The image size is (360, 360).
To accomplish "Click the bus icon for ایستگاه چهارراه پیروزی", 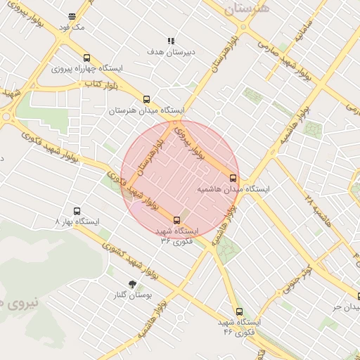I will [x=86, y=58].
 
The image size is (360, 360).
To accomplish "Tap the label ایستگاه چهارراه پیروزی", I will [x=86, y=70].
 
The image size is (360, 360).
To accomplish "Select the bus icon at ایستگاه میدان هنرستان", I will [x=146, y=99].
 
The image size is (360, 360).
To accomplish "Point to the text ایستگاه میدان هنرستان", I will [x=146, y=110].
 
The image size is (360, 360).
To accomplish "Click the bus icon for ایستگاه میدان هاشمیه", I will [x=233, y=178].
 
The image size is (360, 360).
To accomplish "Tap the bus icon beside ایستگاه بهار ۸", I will [x=77, y=211].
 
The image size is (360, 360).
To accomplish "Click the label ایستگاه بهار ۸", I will [x=77, y=222].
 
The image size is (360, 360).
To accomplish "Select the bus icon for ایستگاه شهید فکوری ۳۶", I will [x=176, y=219].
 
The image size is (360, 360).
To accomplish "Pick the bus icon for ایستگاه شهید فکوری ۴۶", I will [x=239, y=311].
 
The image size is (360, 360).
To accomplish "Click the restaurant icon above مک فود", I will [x=72, y=16].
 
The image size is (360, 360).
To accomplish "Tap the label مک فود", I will [x=72, y=27].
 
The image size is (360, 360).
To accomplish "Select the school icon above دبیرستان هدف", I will [x=170, y=41].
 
